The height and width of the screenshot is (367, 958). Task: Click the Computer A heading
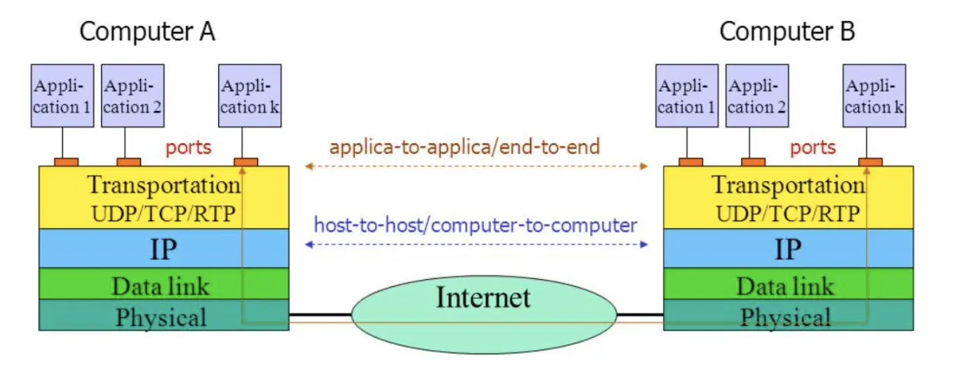[x=147, y=31]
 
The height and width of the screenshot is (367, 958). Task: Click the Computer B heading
[x=787, y=31]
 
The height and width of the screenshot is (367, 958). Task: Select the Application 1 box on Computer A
[x=63, y=96]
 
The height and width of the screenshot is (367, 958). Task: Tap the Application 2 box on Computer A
[x=132, y=96]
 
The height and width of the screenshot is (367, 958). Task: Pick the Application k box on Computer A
[x=250, y=96]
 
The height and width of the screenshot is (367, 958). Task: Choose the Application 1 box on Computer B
[x=687, y=96]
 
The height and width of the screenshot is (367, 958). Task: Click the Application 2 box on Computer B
[x=757, y=96]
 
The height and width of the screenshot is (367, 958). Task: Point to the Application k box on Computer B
[x=874, y=96]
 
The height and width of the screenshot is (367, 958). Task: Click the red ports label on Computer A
[x=189, y=148]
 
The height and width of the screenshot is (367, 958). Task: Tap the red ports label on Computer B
[x=813, y=148]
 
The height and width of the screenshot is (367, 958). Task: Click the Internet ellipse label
[x=483, y=297]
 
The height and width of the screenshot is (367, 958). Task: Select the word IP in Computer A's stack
[x=163, y=249]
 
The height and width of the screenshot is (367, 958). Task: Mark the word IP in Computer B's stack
[x=788, y=249]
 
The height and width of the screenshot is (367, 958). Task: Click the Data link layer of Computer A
[x=164, y=283]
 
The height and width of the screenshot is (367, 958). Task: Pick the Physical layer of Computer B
[x=788, y=315]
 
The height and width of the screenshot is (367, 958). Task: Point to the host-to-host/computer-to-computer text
[x=476, y=225]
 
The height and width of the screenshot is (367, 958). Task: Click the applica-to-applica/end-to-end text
[x=465, y=147]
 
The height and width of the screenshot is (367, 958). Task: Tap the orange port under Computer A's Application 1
[x=66, y=162]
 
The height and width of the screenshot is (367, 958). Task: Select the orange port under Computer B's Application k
[x=870, y=162]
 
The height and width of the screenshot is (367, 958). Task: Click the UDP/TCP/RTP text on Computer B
[x=788, y=214]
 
